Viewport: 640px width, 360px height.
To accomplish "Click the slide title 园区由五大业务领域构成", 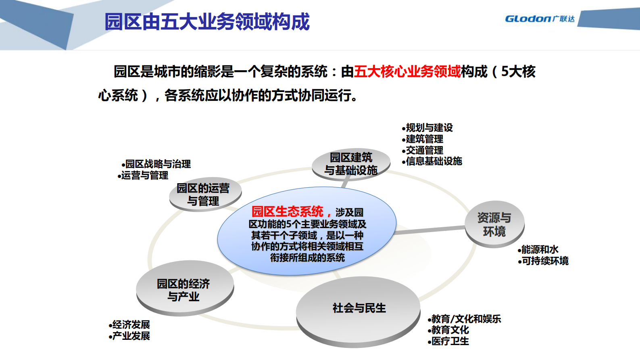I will coord(207,22).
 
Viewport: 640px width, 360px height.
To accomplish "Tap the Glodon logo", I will coord(539,19).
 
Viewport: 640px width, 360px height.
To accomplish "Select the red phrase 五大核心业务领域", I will coord(407,72).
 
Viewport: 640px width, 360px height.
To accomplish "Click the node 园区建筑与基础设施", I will coord(351,164).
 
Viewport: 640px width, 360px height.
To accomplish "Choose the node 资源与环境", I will coord(494,224).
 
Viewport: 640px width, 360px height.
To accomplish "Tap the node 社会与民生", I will coord(359,308).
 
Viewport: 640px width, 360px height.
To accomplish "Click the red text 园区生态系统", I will coord(287,211).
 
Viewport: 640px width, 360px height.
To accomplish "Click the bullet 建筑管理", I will coord(424,139).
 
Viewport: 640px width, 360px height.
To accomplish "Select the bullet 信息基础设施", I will coord(434,161).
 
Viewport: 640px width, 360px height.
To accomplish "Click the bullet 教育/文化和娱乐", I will coord(466,319).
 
